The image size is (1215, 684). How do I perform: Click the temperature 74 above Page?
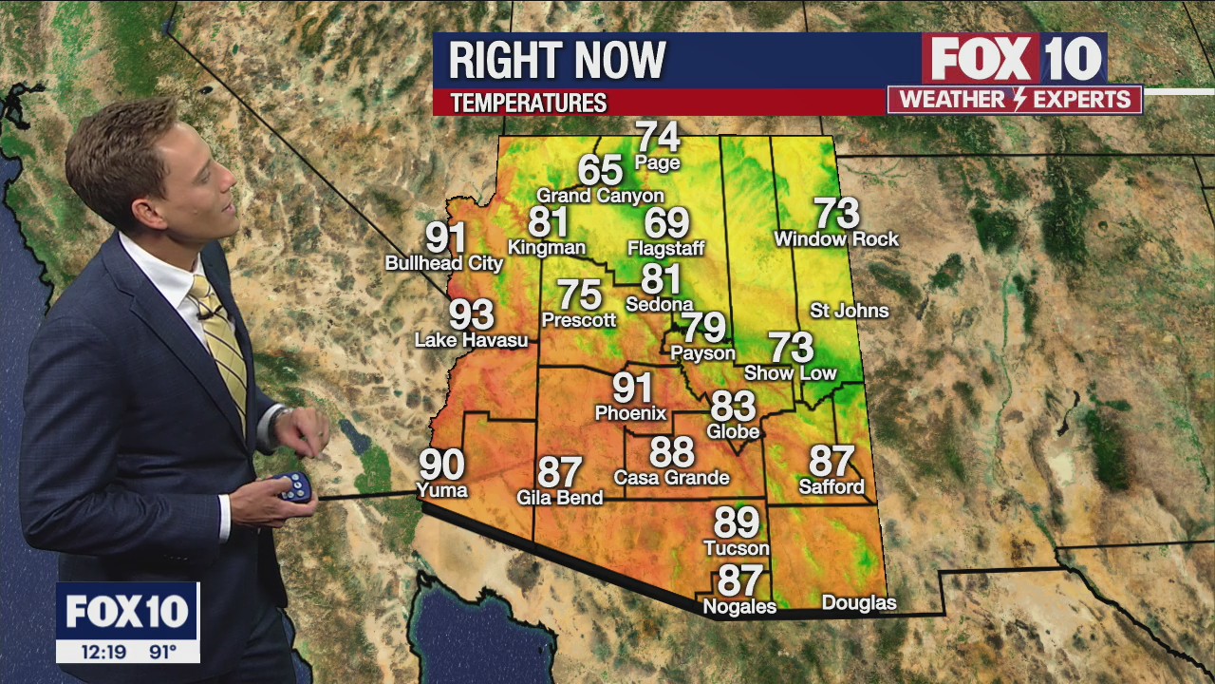658,137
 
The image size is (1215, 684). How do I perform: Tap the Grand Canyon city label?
600,196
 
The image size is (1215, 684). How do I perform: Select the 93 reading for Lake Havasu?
472,313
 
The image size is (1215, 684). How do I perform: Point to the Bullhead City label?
444,263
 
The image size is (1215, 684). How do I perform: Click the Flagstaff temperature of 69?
666,222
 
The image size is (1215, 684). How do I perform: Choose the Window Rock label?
835,239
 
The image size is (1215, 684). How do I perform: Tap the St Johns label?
849,311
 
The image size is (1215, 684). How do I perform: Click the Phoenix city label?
630,413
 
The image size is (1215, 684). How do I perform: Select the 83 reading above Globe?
733,407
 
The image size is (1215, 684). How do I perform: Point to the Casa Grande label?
671,478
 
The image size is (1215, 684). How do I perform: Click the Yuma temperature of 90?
442,465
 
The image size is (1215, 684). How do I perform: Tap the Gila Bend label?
559,497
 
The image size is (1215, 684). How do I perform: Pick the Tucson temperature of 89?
737,522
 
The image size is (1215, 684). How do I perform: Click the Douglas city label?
858,603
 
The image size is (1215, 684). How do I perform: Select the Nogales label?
738,606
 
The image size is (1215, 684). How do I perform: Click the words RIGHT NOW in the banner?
557,61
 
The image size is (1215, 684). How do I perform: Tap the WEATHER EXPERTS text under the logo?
1015,100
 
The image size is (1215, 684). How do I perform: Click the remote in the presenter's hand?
294,485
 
